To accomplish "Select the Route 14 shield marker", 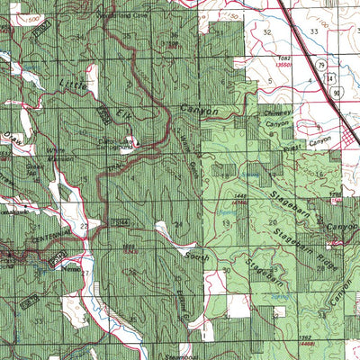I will [x=336, y=79].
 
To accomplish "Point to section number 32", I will [x=267, y=31].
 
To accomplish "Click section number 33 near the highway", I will [x=314, y=31].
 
